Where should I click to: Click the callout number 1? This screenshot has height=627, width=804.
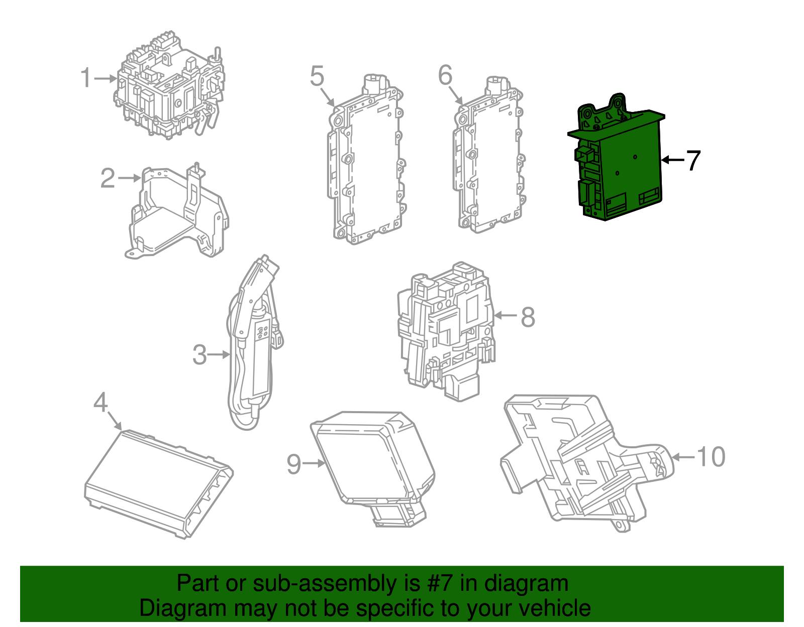tap(86, 78)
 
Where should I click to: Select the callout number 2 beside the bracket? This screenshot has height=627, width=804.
tap(108, 178)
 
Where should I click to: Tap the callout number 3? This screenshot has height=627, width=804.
tap(199, 355)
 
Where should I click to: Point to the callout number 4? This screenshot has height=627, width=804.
tap(101, 403)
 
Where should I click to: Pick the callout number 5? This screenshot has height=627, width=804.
tap(317, 76)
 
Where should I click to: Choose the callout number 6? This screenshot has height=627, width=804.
tap(445, 76)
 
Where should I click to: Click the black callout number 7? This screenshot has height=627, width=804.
tap(693, 161)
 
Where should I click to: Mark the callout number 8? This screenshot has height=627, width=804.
tap(528, 317)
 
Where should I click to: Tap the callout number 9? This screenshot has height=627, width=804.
tap(294, 464)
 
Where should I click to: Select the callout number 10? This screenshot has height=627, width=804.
tap(711, 457)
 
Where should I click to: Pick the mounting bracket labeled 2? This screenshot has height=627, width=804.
tap(176, 216)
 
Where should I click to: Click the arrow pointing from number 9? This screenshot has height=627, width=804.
tap(314, 463)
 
